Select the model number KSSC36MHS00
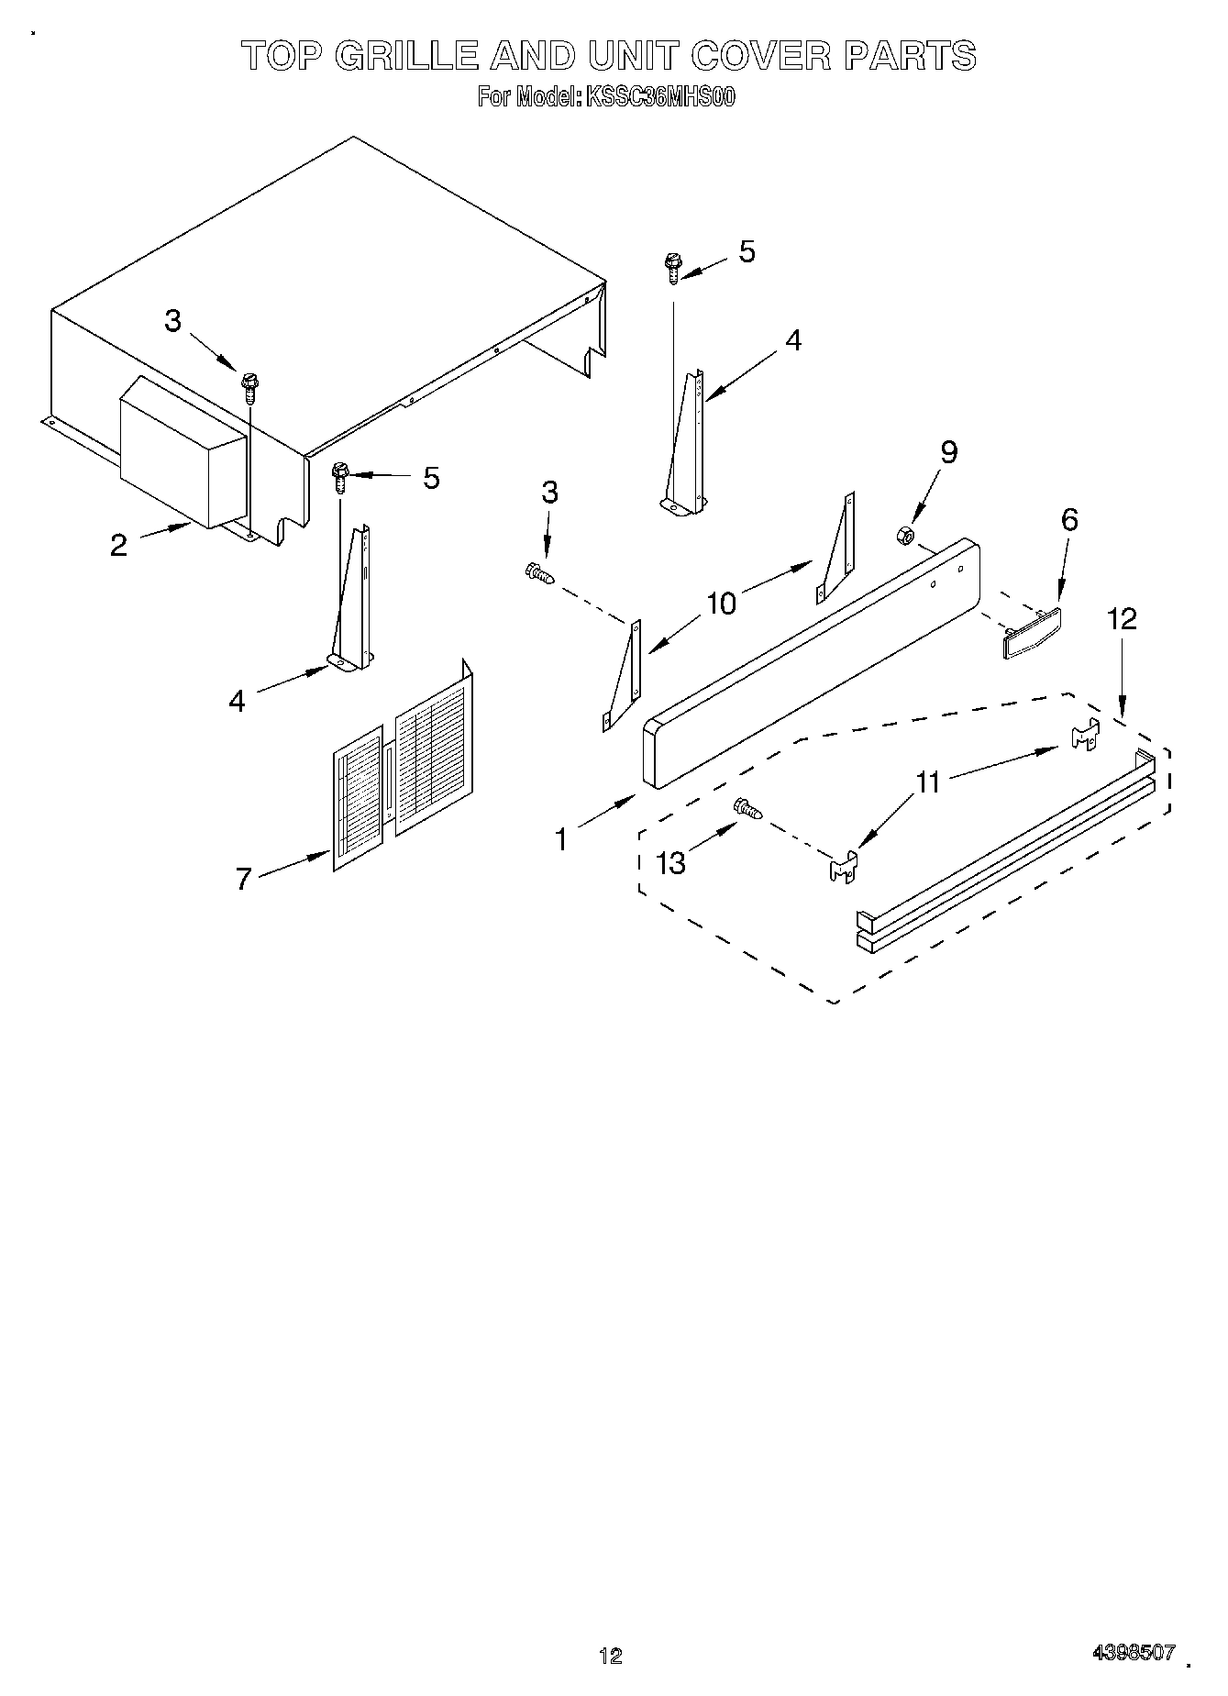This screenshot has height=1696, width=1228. pos(659,97)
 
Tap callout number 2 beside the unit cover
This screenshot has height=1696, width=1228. pos(118,545)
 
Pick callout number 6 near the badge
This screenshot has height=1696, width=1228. pos(1069,520)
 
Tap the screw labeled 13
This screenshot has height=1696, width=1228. pos(747,808)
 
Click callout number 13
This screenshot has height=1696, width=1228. pos(671,862)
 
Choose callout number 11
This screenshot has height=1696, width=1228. pos(928,782)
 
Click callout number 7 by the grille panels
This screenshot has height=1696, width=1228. pos(243,879)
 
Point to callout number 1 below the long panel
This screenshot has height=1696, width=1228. pos(561,838)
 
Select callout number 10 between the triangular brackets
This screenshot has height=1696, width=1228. pos(722,604)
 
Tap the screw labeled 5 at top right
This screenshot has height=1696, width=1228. pos(672,267)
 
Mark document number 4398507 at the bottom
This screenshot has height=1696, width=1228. pos(1133,1651)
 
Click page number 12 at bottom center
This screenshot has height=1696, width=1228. pos(610,1655)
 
